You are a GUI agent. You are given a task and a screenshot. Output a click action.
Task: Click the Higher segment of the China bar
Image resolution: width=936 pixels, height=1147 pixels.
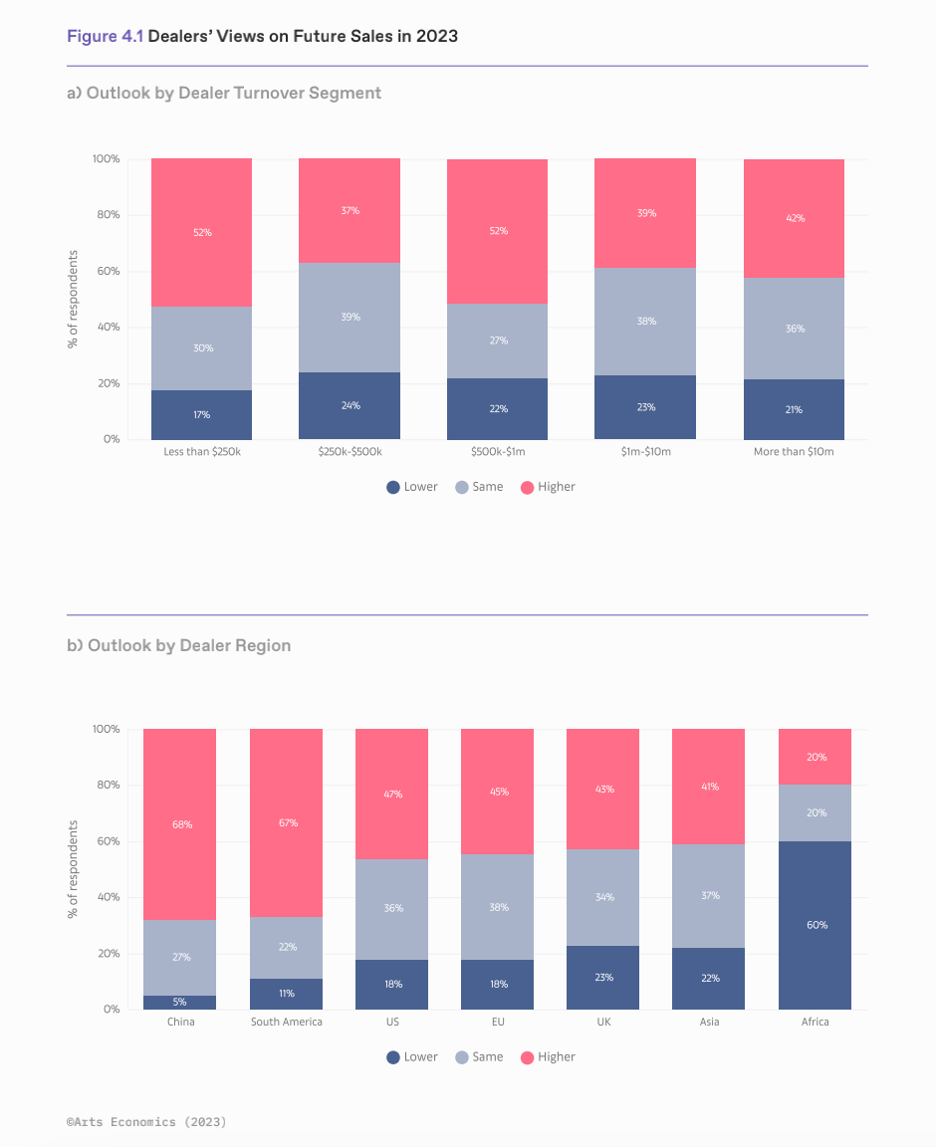tap(179, 824)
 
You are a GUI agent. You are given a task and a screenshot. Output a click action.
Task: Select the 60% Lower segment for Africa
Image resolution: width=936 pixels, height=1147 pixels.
tap(815, 925)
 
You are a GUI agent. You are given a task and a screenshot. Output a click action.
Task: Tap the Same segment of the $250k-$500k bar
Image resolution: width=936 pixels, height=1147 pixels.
tap(350, 317)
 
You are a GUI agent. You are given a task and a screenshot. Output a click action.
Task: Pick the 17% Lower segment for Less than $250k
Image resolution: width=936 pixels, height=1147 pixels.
tap(201, 414)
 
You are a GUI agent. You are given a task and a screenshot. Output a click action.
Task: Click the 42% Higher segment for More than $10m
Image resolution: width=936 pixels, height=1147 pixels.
tap(794, 218)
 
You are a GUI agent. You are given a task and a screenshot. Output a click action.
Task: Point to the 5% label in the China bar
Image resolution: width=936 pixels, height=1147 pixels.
tap(179, 1002)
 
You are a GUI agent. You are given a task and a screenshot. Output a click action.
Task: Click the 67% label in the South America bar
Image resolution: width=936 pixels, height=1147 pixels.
tap(287, 822)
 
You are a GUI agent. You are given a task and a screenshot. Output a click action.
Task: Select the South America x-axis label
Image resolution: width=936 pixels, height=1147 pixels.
tap(287, 1022)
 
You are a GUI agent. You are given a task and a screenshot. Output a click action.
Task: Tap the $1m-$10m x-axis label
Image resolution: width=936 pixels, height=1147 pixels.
tap(645, 451)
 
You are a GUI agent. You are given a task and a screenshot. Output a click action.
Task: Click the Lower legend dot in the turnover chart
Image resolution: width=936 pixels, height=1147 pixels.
tap(393, 487)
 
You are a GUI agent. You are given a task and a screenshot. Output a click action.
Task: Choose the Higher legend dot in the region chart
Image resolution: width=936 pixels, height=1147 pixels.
tap(528, 1056)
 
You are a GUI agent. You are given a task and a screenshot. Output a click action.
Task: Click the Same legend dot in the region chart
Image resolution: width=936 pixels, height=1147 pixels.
tap(461, 1056)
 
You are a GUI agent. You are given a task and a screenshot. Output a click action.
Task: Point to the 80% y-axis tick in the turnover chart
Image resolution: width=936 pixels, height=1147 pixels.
tap(107, 215)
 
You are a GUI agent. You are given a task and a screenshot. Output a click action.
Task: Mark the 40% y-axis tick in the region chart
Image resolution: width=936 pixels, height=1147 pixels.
tap(107, 897)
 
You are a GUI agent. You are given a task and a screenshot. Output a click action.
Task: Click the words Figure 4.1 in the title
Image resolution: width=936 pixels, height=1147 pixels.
tap(106, 36)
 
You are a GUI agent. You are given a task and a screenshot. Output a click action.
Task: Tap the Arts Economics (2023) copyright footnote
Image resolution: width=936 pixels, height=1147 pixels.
tap(146, 1122)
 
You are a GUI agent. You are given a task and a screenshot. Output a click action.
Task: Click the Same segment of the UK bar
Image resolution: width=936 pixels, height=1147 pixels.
tap(603, 897)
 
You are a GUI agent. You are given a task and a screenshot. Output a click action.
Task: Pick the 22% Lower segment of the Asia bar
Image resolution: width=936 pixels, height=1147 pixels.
tap(709, 979)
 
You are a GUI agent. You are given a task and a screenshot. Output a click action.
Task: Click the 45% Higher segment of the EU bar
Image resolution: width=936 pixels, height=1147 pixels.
tap(498, 792)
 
